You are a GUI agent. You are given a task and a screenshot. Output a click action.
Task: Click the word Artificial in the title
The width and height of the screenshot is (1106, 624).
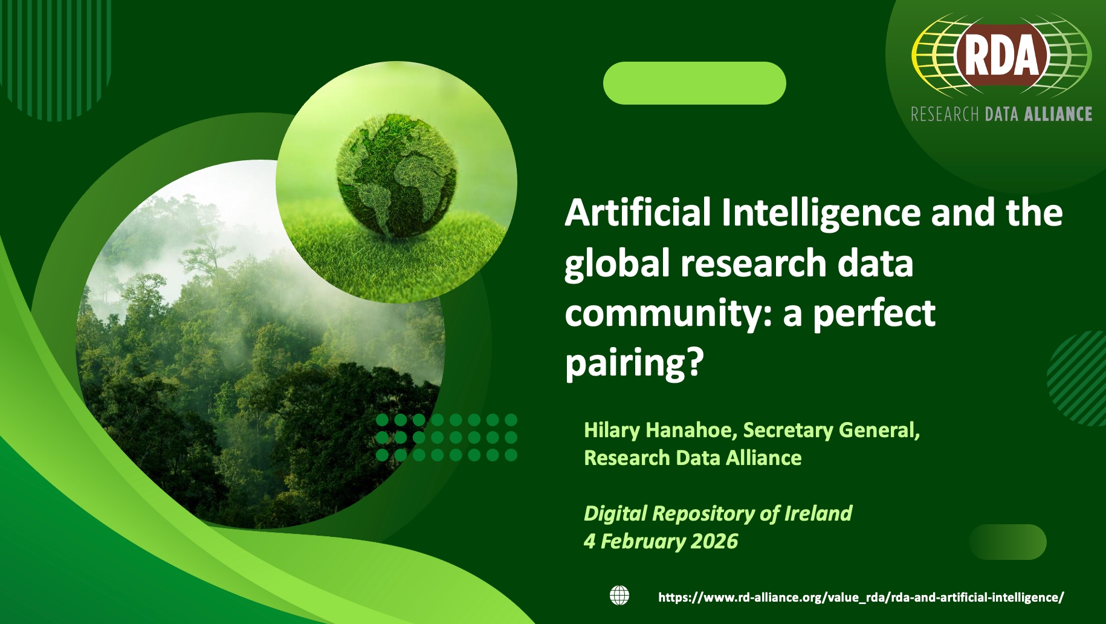tap(638, 213)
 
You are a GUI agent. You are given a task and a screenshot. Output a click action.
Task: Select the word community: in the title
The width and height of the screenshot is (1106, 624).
tap(669, 313)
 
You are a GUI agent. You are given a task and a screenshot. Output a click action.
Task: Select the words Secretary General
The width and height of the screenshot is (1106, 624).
tap(831, 431)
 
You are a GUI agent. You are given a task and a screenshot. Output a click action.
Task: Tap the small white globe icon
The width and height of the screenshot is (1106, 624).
tap(619, 596)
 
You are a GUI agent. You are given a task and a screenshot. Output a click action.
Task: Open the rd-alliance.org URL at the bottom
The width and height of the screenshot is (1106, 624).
tap(861, 597)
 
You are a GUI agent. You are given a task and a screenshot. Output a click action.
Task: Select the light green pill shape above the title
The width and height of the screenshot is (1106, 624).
tap(694, 83)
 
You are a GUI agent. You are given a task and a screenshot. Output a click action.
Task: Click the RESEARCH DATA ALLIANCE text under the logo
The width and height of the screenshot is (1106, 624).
tap(1001, 114)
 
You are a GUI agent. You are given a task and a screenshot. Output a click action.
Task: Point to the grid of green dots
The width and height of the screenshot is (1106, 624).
tap(447, 437)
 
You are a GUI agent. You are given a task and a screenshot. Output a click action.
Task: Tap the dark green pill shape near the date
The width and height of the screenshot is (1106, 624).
tap(1007, 542)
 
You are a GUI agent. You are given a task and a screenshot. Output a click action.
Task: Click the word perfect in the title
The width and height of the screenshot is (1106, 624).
tap(874, 313)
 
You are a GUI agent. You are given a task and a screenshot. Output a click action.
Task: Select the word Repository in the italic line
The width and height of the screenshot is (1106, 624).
tap(703, 514)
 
